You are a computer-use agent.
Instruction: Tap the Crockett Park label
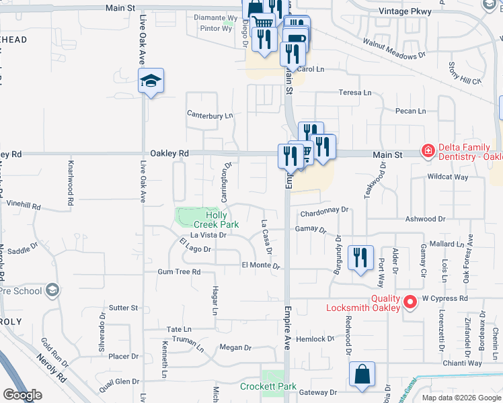pos(268,387)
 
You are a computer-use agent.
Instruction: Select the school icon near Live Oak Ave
pos(151,81)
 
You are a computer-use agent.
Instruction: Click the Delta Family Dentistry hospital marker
pos(427,150)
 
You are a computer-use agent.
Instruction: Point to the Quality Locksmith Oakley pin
pos(408,303)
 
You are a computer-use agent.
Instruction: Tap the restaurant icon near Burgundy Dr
pos(360,257)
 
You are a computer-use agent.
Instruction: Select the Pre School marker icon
pos(51,291)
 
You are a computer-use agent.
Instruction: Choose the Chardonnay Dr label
pos(325,210)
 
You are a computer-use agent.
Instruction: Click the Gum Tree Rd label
pos(179,272)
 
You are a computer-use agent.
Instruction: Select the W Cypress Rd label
pos(444,298)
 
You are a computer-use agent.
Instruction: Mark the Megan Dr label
pos(235,348)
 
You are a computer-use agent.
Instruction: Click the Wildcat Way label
pos(448,177)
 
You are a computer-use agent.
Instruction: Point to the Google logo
pos(22,395)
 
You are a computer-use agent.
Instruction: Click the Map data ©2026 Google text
pos(461,398)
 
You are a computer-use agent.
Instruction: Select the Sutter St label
pos(123,308)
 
